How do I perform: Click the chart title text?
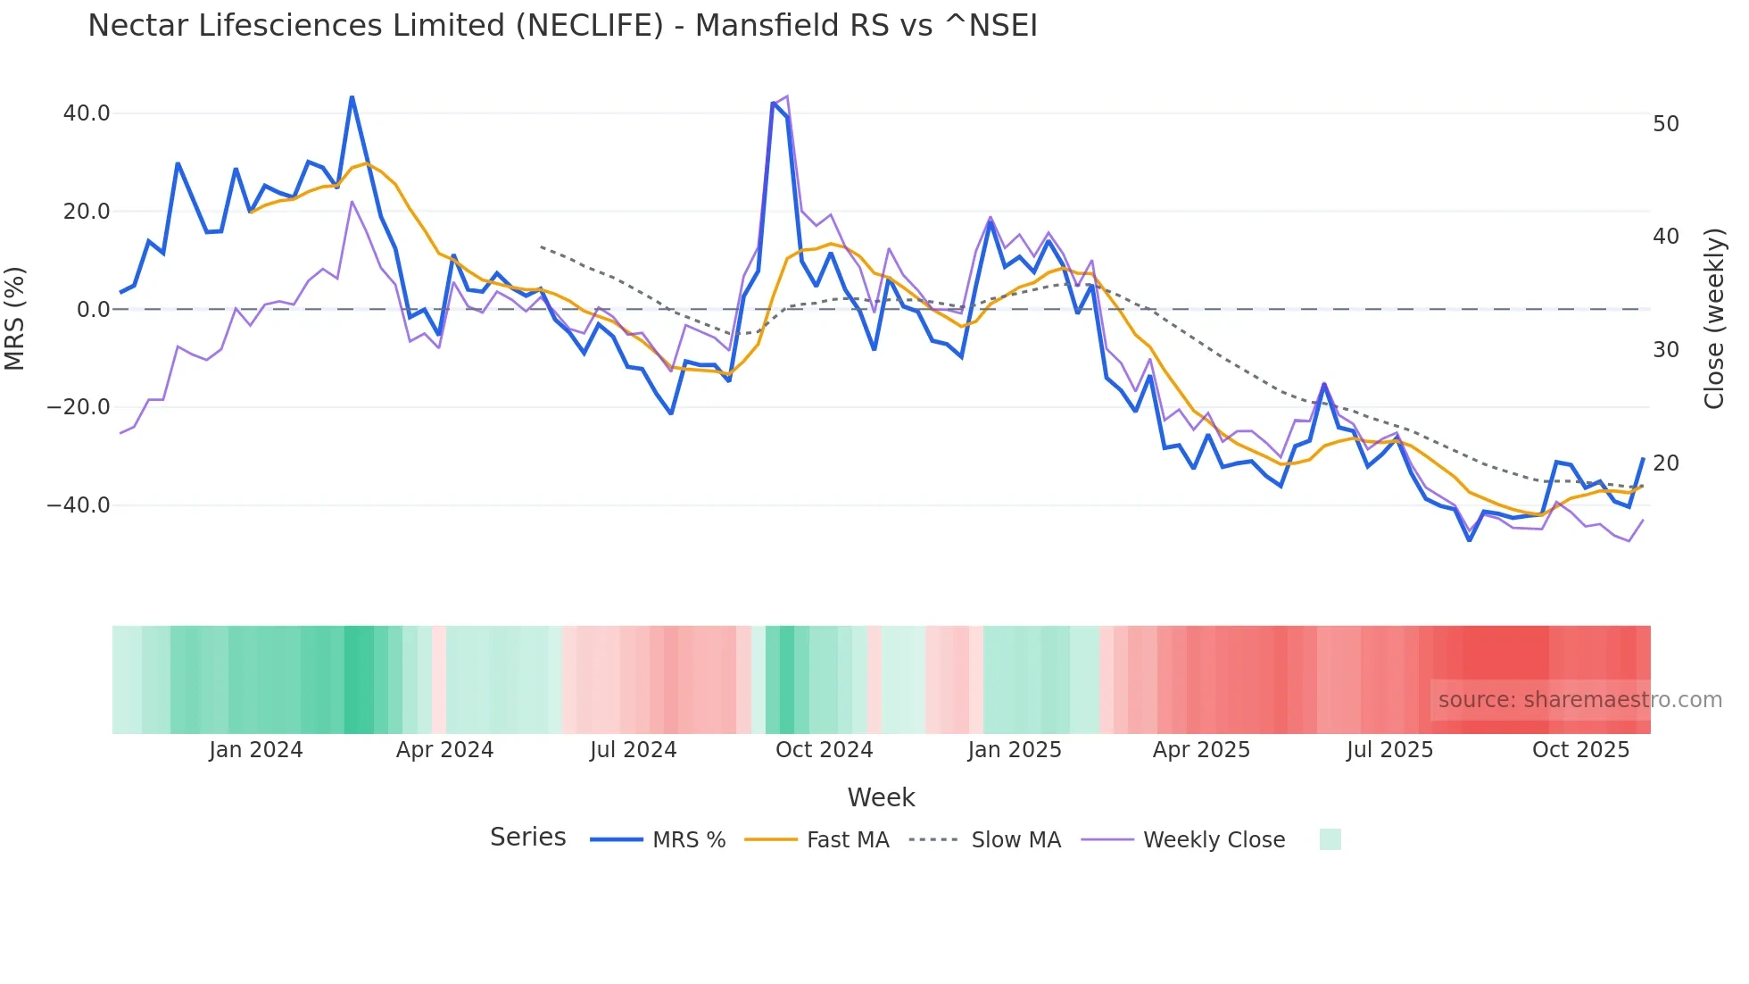[562, 26]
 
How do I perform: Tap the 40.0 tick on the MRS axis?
[87, 113]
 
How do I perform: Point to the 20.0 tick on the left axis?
[87, 212]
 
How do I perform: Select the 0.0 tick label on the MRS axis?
[93, 310]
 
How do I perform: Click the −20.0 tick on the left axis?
[79, 407]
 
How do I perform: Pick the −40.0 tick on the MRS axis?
[79, 505]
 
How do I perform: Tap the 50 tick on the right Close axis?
[1666, 124]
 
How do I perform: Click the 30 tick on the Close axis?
[1666, 350]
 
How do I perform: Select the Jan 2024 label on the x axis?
[256, 750]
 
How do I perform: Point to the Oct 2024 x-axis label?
[824, 750]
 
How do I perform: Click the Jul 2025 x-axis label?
[1389, 750]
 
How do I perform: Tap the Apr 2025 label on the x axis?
[1201, 750]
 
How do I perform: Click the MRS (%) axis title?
[15, 318]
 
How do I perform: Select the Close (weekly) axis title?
[1713, 319]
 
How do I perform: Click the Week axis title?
[881, 797]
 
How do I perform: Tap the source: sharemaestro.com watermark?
[1579, 700]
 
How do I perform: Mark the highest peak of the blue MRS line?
[352, 96]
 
